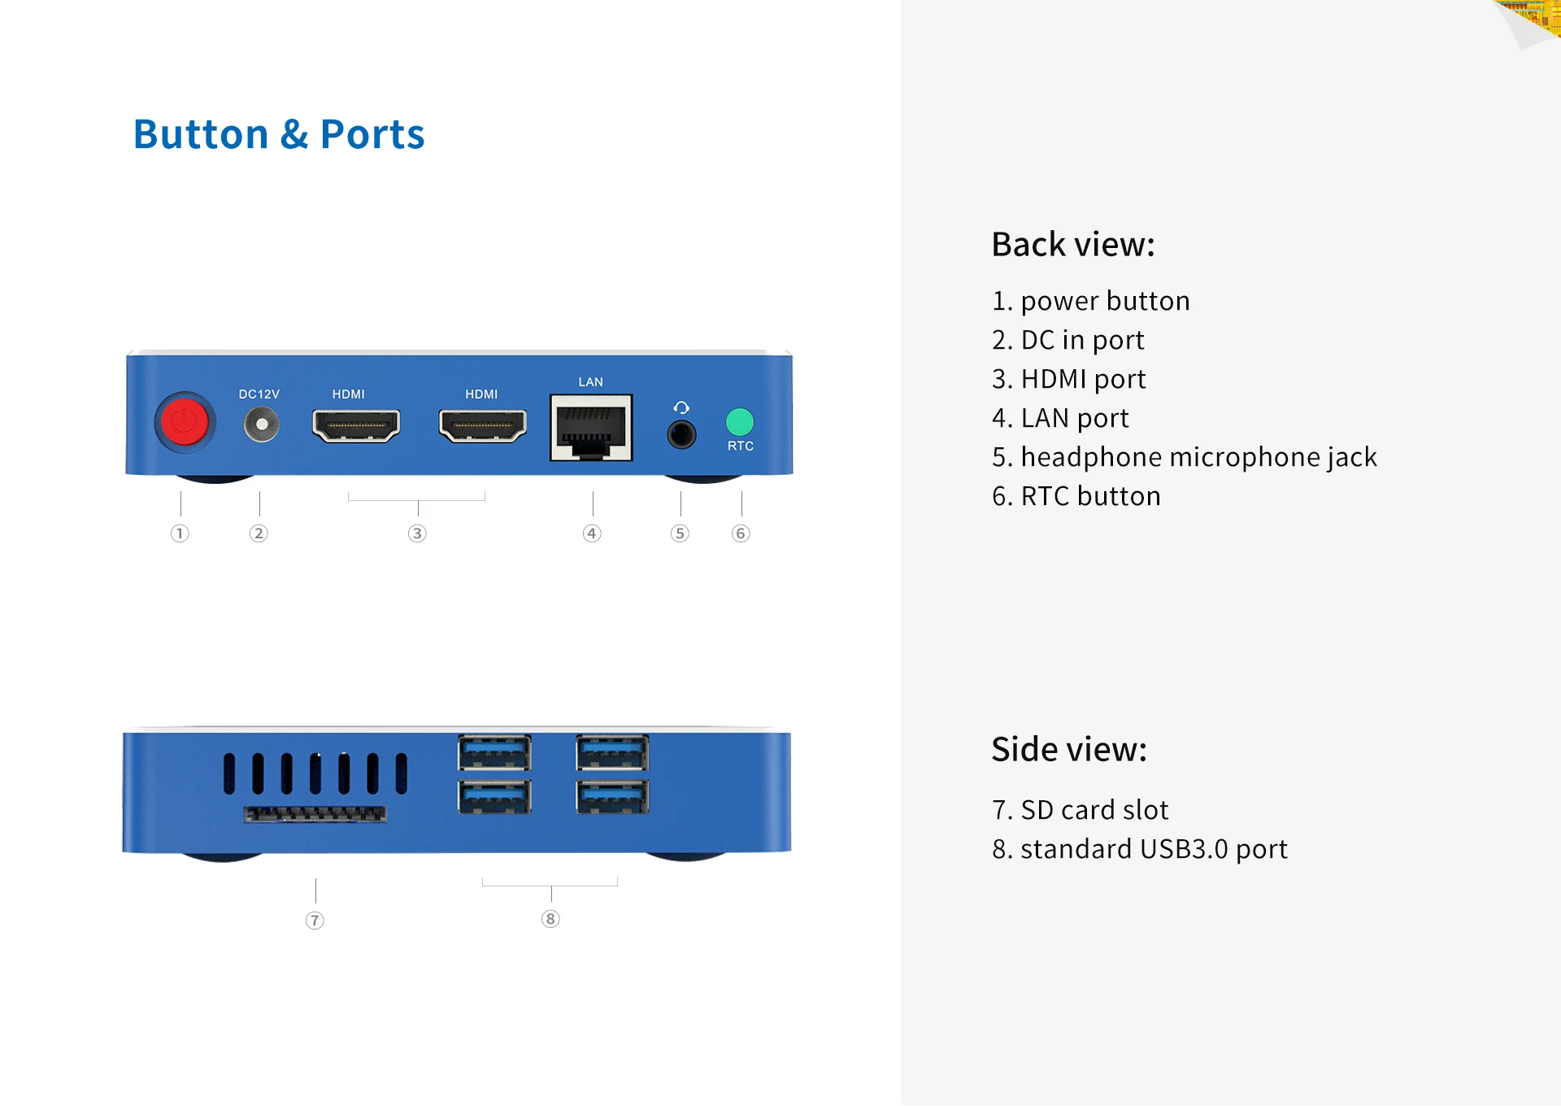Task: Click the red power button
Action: click(x=185, y=422)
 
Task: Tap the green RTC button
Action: click(x=739, y=421)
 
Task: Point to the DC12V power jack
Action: click(x=261, y=425)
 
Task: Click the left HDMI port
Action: click(x=356, y=425)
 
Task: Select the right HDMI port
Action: click(x=482, y=425)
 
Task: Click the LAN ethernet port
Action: click(x=591, y=428)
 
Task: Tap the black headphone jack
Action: click(x=681, y=434)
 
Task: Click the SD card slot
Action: click(x=315, y=813)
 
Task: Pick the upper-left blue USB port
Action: click(x=494, y=752)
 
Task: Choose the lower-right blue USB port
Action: click(x=612, y=796)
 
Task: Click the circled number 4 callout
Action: click(x=592, y=533)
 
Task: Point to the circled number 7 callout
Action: click(x=315, y=921)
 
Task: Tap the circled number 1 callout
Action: click(x=180, y=533)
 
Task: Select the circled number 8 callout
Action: click(x=550, y=919)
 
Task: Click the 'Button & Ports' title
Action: click(x=278, y=134)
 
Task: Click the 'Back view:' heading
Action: click(x=1072, y=244)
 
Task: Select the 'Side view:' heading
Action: click(x=1068, y=749)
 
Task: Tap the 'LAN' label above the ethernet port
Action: click(x=591, y=381)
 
